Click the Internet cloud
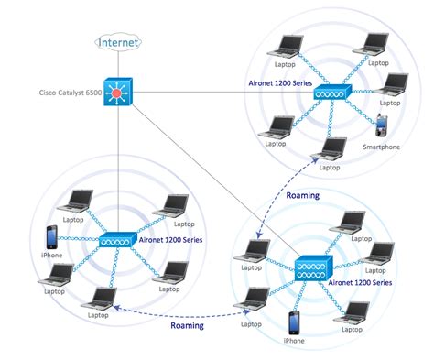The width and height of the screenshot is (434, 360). coord(119,41)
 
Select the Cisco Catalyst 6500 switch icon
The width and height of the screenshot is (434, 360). coord(119,93)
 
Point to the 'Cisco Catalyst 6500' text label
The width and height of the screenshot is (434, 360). coord(70,93)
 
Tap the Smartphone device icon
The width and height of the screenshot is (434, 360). coord(385,125)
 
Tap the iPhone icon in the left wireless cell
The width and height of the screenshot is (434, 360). coord(51,236)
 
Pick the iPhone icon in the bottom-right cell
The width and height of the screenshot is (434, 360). coord(294,322)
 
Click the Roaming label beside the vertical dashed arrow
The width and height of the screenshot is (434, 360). coord(302,195)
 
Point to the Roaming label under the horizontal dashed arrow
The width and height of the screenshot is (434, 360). coord(188,325)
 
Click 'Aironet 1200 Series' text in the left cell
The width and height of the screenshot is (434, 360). coord(171,239)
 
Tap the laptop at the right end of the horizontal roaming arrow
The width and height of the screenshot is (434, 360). coord(257,297)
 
